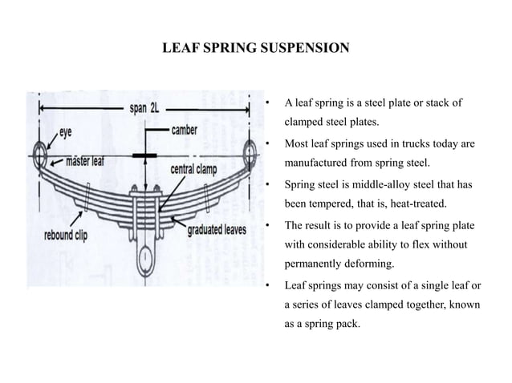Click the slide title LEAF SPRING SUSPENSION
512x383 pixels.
coord(255,49)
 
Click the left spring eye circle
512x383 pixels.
coord(40,152)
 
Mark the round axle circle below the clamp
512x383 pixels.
coord(145,258)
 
